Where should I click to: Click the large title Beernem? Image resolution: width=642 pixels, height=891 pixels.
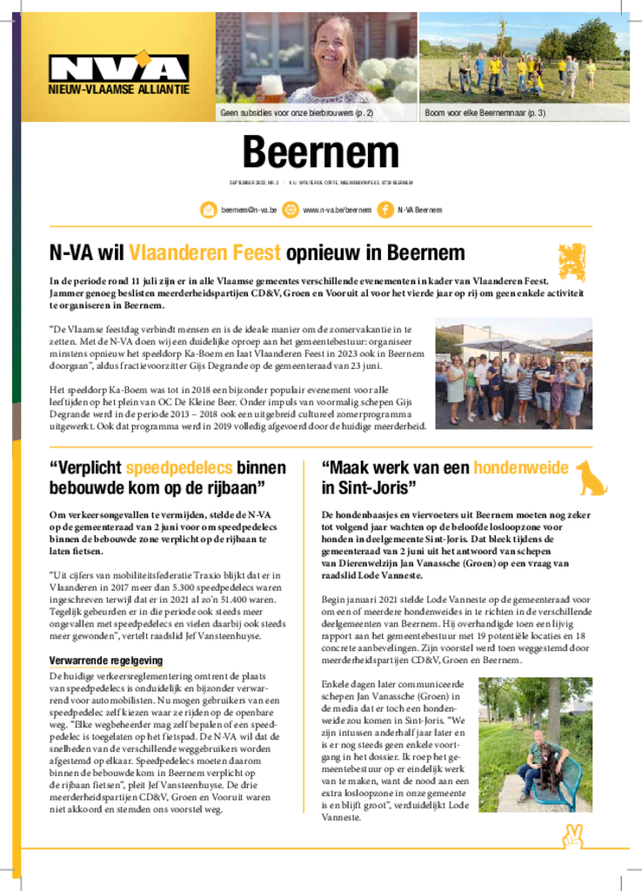point(320,153)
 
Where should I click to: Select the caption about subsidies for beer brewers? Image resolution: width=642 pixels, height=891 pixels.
point(296,113)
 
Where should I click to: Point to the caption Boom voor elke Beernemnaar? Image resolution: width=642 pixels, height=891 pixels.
point(485,113)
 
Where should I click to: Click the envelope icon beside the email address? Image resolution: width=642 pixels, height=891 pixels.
point(209,210)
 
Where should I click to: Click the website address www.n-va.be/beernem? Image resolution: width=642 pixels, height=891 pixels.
point(337,210)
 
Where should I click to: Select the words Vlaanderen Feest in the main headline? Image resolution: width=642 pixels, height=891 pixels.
point(204,253)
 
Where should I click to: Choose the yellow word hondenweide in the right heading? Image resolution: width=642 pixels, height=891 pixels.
point(521,467)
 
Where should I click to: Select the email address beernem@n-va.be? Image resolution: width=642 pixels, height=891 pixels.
point(249,210)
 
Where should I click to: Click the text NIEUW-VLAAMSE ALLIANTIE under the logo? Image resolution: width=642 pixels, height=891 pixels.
point(118,90)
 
